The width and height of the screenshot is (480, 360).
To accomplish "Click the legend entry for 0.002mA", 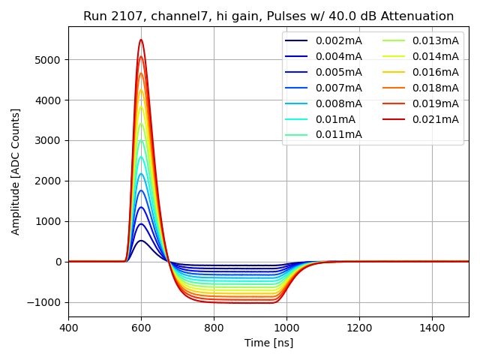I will point(338,40).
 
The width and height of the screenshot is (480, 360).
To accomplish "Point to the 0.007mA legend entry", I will point(338,88).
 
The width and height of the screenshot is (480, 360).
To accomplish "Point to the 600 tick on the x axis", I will point(141,328).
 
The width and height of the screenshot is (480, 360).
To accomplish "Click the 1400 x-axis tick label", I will point(432,328).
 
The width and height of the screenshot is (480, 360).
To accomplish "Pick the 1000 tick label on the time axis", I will point(286,328).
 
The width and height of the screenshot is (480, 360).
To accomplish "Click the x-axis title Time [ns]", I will point(268,343).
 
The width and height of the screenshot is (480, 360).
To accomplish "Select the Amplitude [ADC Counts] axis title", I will point(16,171).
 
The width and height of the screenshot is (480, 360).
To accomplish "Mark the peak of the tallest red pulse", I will point(141,40).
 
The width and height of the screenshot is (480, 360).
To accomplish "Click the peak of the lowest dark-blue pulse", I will point(141,240).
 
